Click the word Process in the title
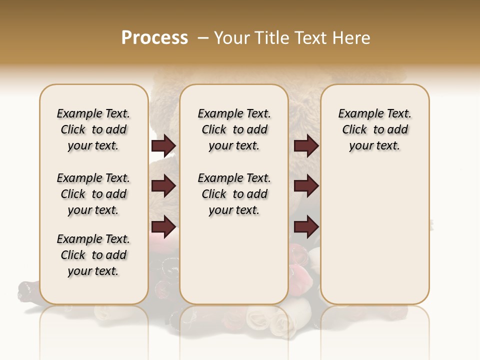154,38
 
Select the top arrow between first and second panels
163,145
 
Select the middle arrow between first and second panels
163,186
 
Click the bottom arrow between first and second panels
163,227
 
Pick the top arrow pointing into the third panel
306,145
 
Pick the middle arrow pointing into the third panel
306,186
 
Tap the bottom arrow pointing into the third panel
306,227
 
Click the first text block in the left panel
93,129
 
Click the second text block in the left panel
93,194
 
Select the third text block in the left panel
93,255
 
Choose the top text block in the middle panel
234,129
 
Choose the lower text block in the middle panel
234,194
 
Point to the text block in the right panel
374,129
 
